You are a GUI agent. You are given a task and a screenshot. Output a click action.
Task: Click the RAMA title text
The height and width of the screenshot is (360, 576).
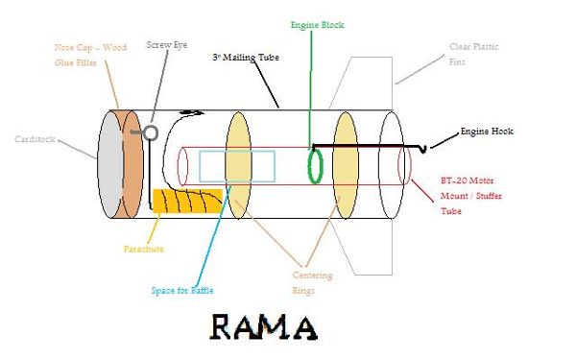[263, 327]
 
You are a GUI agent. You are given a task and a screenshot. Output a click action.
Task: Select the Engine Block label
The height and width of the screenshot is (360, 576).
[317, 25]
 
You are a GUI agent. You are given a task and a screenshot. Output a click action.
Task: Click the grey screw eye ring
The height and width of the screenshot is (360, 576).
[151, 133]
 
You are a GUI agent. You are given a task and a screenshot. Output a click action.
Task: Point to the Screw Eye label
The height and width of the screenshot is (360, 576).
[167, 45]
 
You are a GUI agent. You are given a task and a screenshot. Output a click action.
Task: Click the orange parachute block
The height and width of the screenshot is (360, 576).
[188, 201]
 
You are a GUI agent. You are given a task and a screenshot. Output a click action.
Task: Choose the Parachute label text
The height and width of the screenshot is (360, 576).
[144, 249]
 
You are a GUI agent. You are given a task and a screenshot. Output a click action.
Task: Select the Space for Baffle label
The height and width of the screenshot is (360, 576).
[182, 291]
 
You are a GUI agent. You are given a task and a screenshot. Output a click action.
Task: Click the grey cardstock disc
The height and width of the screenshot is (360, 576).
[109, 164]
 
